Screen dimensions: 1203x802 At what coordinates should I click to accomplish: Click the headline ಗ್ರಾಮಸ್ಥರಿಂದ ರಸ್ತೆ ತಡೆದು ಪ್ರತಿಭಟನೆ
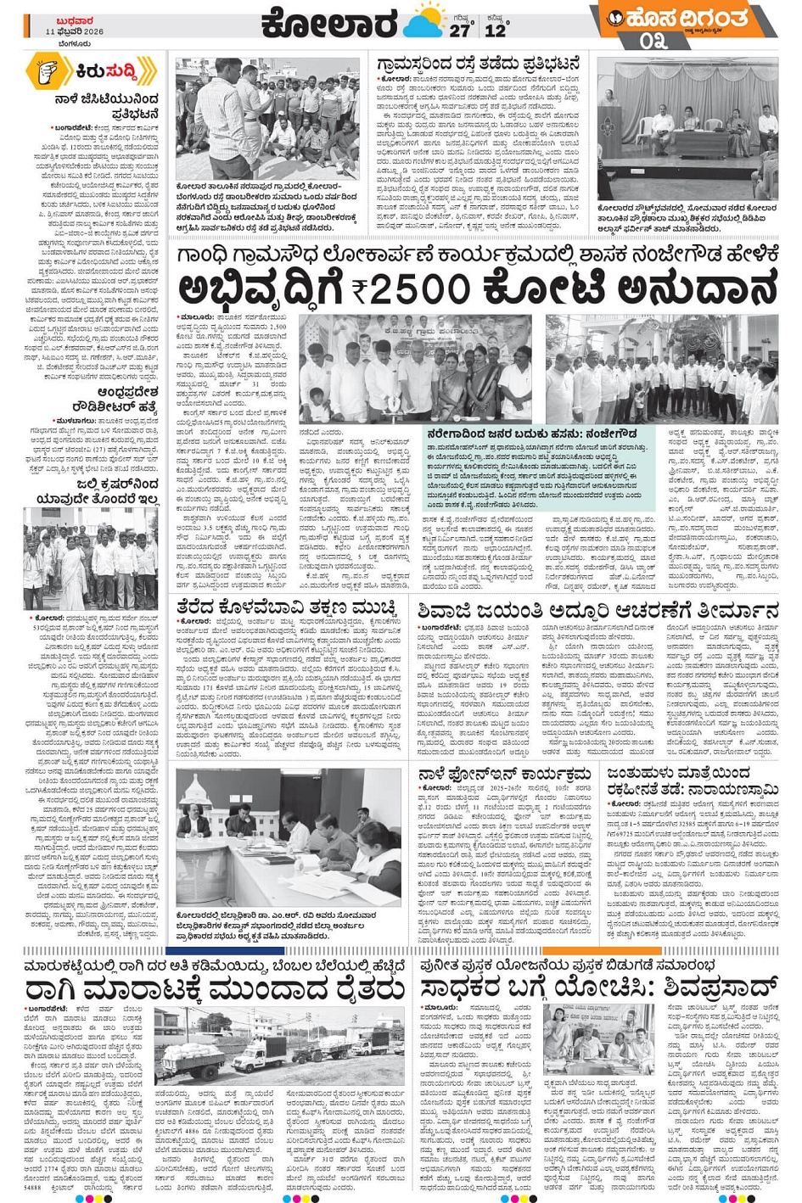click(479, 64)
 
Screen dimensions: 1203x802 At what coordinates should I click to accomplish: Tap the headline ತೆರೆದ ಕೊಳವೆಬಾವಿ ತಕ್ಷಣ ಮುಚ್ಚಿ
click(287, 608)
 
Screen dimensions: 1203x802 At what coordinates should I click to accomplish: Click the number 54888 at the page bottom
click(34, 1190)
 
